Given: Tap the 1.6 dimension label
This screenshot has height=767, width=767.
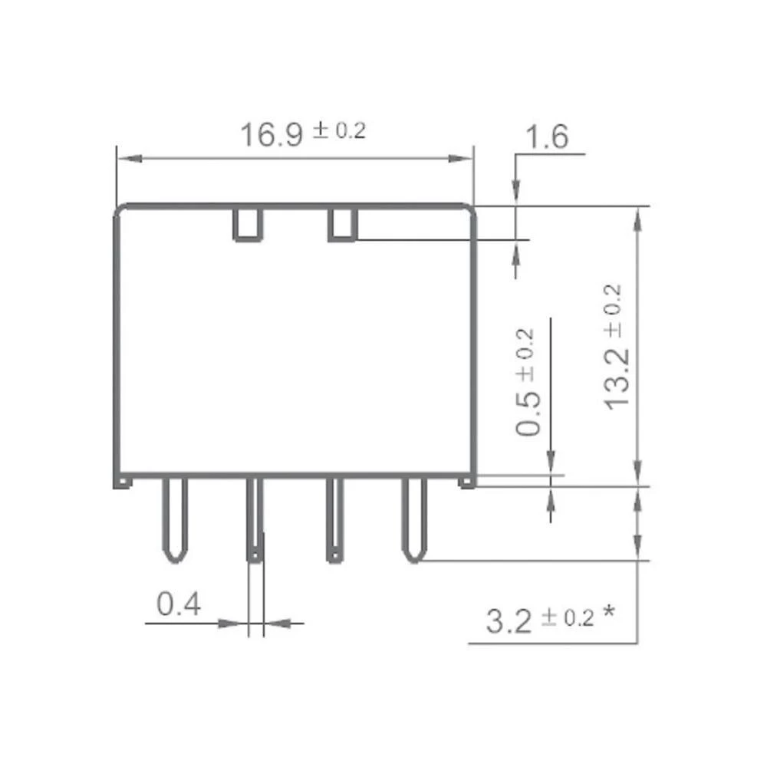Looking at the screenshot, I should click(x=546, y=138).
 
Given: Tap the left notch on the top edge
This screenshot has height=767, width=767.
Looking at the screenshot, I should click(x=248, y=224).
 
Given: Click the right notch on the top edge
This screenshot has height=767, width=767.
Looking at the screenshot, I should click(x=343, y=224).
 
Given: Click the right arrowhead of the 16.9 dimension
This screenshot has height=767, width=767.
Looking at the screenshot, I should click(x=462, y=159).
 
